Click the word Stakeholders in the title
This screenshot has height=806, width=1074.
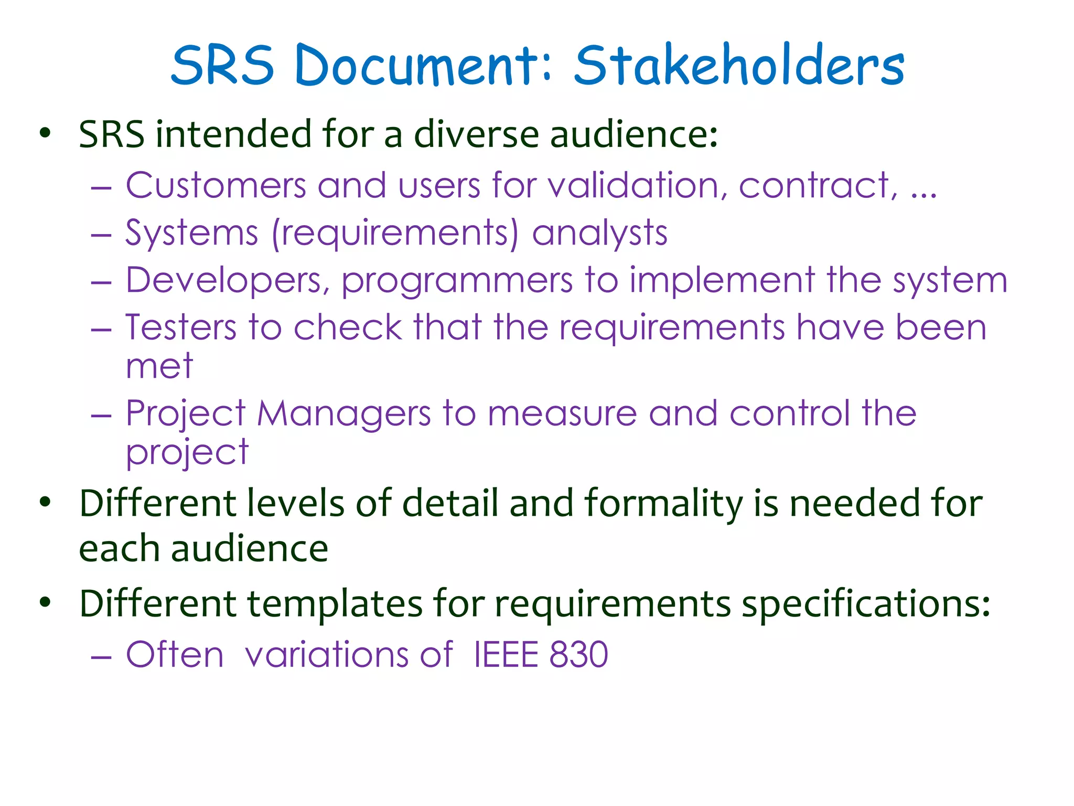pyautogui.click(x=739, y=65)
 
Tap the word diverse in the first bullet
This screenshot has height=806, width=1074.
pyautogui.click(x=476, y=134)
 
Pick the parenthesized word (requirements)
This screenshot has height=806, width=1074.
pyautogui.click(x=395, y=234)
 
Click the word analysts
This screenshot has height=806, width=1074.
pyautogui.click(x=599, y=234)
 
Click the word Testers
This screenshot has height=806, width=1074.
pyautogui.click(x=181, y=327)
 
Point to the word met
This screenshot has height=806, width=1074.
pyautogui.click(x=159, y=366)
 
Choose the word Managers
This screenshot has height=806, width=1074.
pyautogui.click(x=343, y=414)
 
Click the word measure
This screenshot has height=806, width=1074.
pyautogui.click(x=562, y=414)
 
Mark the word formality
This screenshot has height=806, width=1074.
pyautogui.click(x=663, y=504)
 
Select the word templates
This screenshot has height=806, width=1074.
pyautogui.click(x=335, y=603)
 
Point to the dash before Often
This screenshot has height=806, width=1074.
pyautogui.click(x=101, y=656)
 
